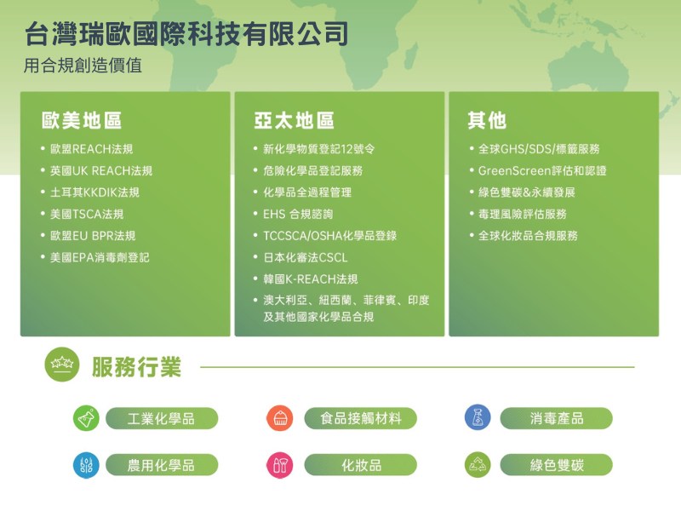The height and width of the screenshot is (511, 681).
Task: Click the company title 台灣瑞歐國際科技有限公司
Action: pyautogui.click(x=186, y=34)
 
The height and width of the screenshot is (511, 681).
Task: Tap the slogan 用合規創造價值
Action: pyautogui.click(x=83, y=66)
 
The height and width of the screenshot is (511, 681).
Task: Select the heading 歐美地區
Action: pyautogui.click(x=82, y=120)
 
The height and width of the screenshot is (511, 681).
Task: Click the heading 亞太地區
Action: pyautogui.click(x=294, y=120)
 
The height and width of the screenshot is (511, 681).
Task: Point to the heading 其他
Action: pyautogui.click(x=487, y=120)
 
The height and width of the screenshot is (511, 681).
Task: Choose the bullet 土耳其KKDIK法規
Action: pyautogui.click(x=94, y=192)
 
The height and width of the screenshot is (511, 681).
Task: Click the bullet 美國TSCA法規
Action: pyautogui.click(x=87, y=215)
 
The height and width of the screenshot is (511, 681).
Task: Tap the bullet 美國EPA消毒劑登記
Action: pyautogui.click(x=100, y=258)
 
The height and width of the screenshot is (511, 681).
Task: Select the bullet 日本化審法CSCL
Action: pyautogui.click(x=306, y=258)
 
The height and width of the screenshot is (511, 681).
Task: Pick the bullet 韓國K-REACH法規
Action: pyautogui.click(x=311, y=279)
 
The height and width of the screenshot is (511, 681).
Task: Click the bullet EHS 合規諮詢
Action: pyautogui.click(x=298, y=215)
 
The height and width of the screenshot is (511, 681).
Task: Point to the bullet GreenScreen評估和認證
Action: pyautogui.click(x=542, y=171)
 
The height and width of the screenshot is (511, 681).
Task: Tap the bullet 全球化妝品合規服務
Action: pyautogui.click(x=528, y=236)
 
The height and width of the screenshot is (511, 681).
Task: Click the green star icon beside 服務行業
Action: pyautogui.click(x=62, y=365)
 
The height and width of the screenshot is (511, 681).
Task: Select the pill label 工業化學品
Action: pyautogui.click(x=162, y=418)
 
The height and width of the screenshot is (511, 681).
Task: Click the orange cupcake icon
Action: pyautogui.click(x=280, y=418)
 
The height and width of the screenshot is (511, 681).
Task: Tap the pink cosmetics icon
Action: pyautogui.click(x=280, y=465)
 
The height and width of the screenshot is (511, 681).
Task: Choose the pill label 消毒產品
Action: pyautogui.click(x=557, y=418)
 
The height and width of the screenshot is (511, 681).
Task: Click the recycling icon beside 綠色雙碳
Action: pyautogui.click(x=478, y=465)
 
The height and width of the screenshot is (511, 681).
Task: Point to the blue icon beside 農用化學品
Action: pyautogui.click(x=86, y=465)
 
